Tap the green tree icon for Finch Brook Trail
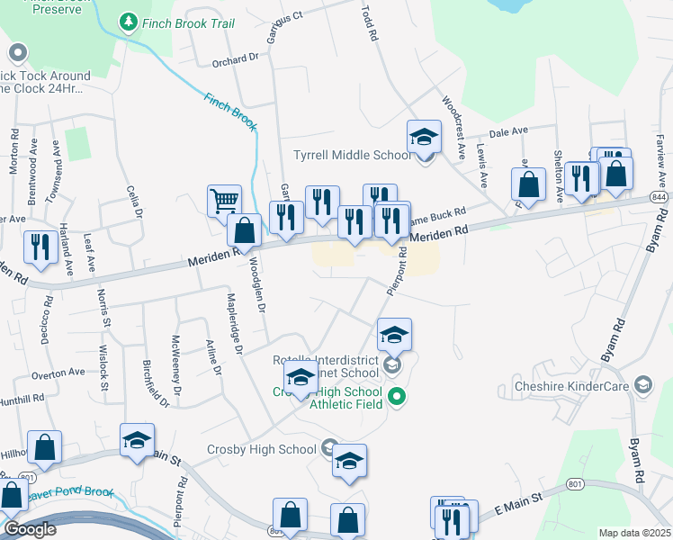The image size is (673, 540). [x=128, y=20]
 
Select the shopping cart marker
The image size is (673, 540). [x=224, y=201]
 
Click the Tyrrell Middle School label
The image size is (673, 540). [x=352, y=155]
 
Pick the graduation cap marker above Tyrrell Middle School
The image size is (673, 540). [x=425, y=138]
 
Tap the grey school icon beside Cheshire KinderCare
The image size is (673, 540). [x=642, y=386]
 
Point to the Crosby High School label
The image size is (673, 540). [x=261, y=449]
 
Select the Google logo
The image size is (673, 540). [x=30, y=529]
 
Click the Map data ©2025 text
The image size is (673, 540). [x=633, y=533]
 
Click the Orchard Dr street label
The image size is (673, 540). [x=235, y=61]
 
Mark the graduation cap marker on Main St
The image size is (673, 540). [x=138, y=441]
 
